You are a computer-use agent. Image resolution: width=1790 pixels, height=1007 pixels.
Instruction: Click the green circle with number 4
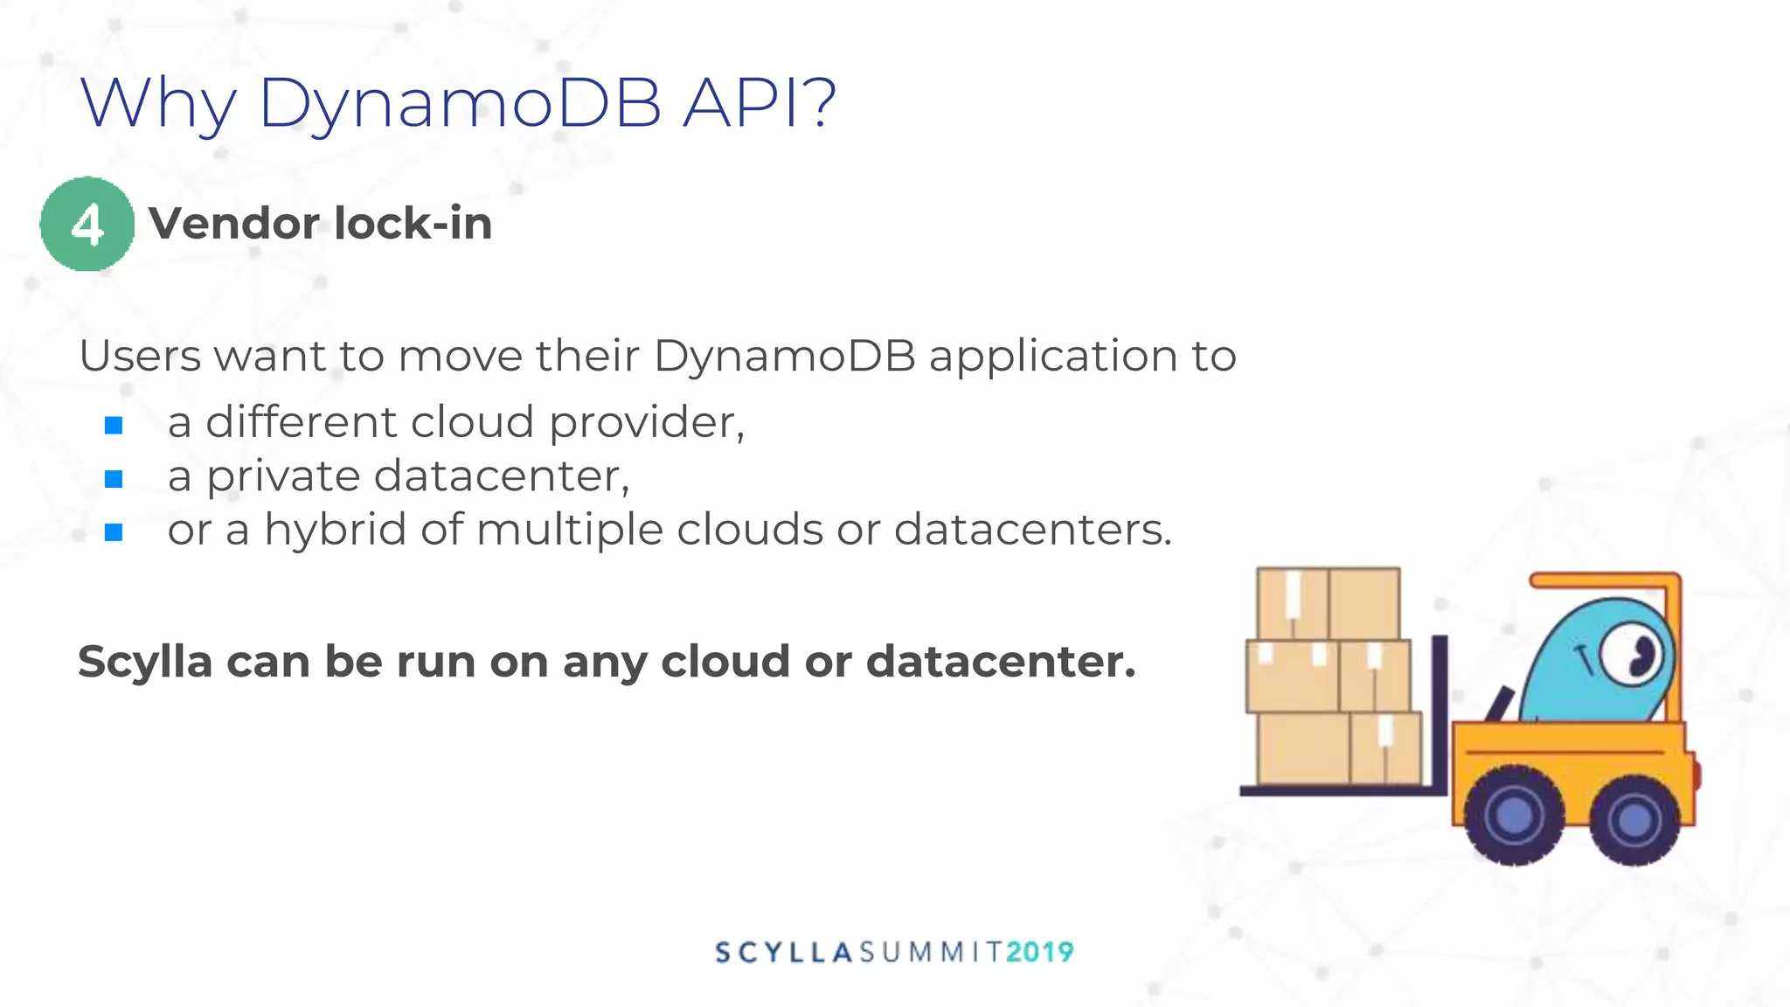coord(87,225)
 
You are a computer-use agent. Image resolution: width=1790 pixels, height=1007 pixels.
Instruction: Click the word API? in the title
coord(759,103)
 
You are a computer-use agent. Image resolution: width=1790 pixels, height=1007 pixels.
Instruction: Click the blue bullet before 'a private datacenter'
coord(114,479)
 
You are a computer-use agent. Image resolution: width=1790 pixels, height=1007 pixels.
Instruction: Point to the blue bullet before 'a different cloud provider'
coord(114,426)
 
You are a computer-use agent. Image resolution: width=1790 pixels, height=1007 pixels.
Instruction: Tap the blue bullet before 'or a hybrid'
coord(114,532)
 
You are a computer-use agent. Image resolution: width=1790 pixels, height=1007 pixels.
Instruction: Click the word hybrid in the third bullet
coord(335,530)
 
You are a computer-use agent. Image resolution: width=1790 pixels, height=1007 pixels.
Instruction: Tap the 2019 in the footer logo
coord(1040,952)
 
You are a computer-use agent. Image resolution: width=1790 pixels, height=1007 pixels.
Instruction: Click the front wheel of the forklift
coord(1514,816)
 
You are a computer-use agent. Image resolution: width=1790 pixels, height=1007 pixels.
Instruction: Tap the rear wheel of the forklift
coord(1634,820)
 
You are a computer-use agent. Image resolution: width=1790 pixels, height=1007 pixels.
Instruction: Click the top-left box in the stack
coord(1292,603)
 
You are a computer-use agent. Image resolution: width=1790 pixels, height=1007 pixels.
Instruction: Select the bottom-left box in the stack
coord(1302,748)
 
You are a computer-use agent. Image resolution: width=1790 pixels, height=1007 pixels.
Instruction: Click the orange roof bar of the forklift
coord(1604,580)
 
